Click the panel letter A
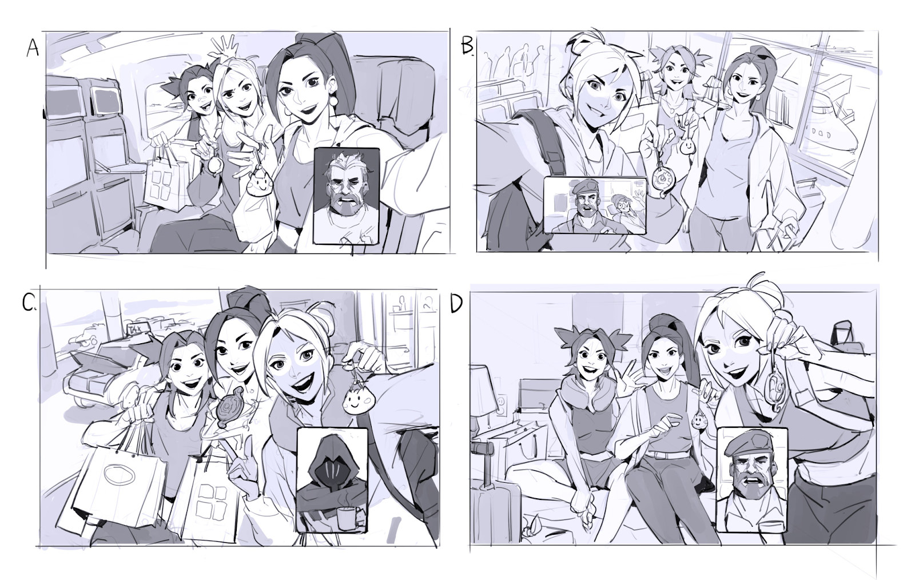[x=33, y=48]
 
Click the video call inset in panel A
[x=347, y=196]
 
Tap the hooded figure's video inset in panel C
[x=332, y=480]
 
